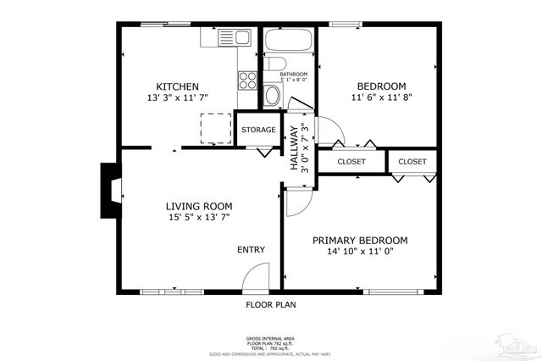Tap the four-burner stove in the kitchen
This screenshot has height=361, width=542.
[248, 80]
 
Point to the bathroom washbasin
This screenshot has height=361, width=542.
[272, 96]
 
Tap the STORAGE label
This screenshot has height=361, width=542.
[257, 130]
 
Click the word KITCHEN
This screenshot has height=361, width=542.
[177, 86]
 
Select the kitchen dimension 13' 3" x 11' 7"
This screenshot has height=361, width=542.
[177, 99]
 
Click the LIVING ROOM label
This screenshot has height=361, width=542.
[198, 206]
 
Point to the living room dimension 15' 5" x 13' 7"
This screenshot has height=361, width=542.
[198, 218]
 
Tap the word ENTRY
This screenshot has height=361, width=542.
[251, 249]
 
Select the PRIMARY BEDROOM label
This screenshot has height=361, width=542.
[360, 240]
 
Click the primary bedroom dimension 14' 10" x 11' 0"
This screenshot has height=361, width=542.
[360, 252]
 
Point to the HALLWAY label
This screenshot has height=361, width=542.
[295, 149]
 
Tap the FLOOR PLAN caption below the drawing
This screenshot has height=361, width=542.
[270, 304]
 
